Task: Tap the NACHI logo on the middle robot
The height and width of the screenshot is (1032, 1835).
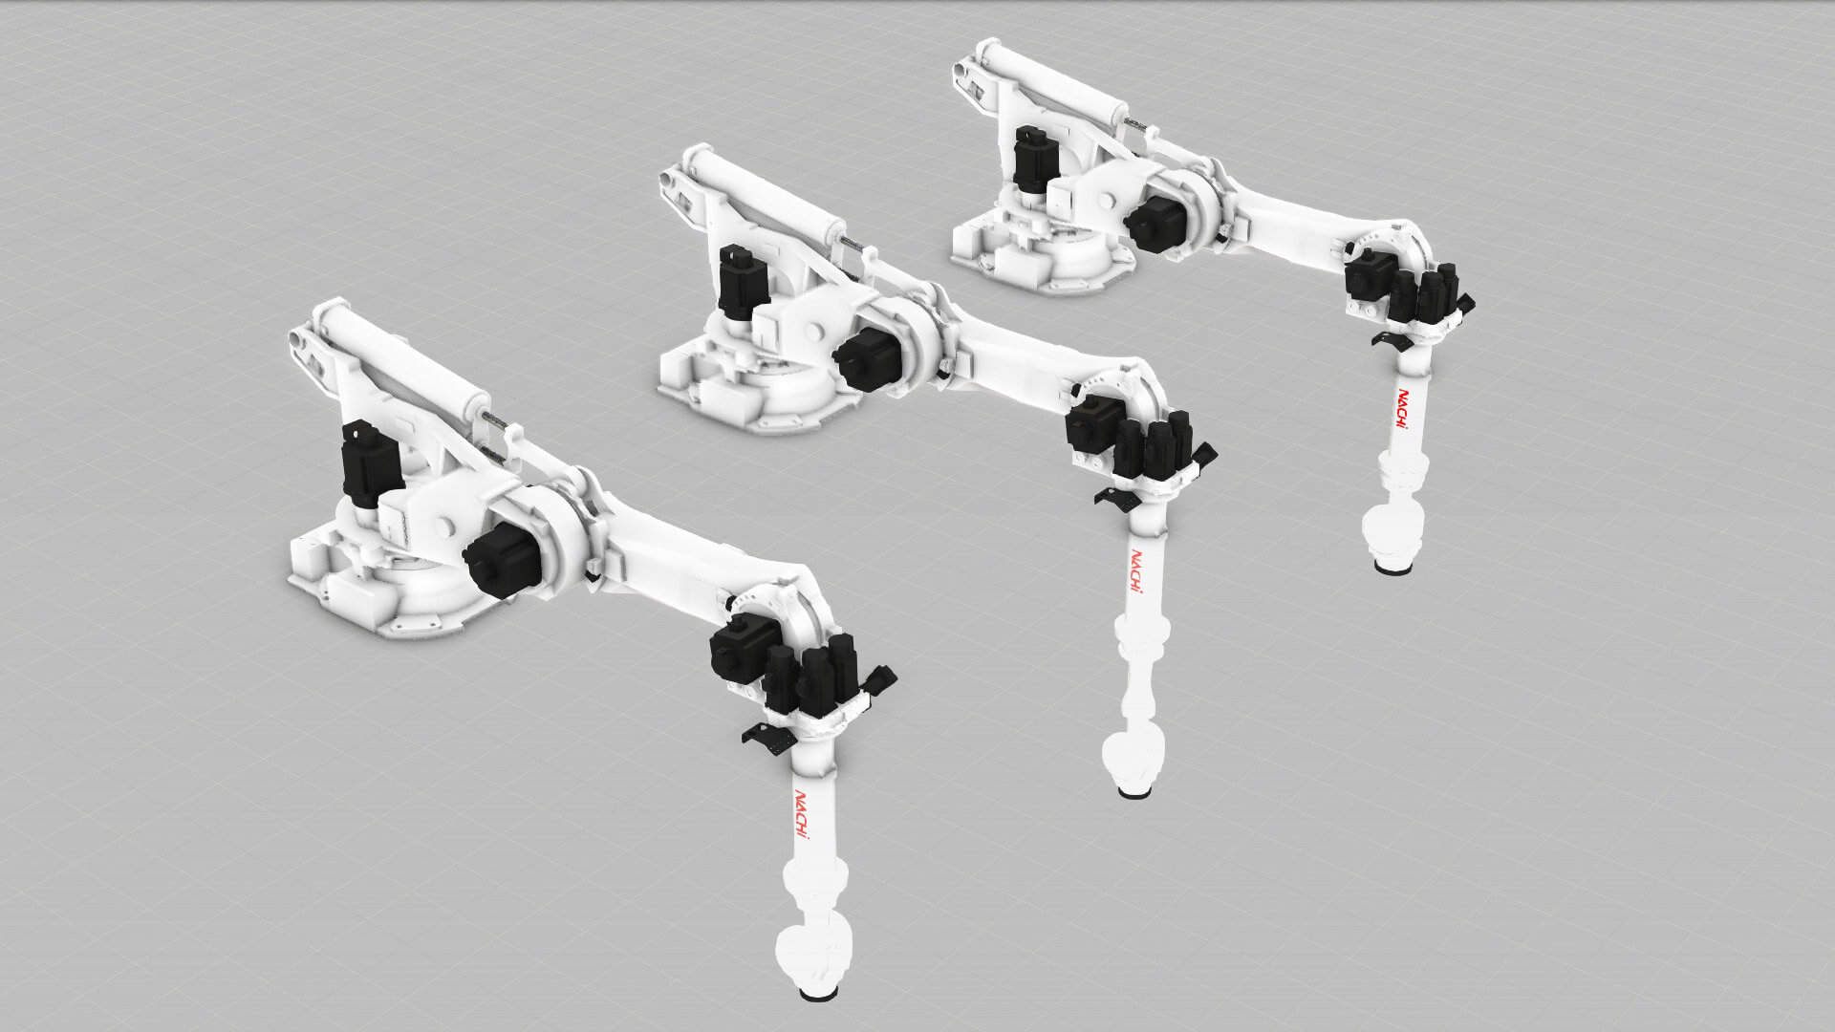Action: [x=1138, y=571]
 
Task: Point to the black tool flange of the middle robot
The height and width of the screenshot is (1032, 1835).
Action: [x=1133, y=791]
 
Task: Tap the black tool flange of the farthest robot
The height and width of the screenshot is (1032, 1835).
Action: [x=1392, y=569]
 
